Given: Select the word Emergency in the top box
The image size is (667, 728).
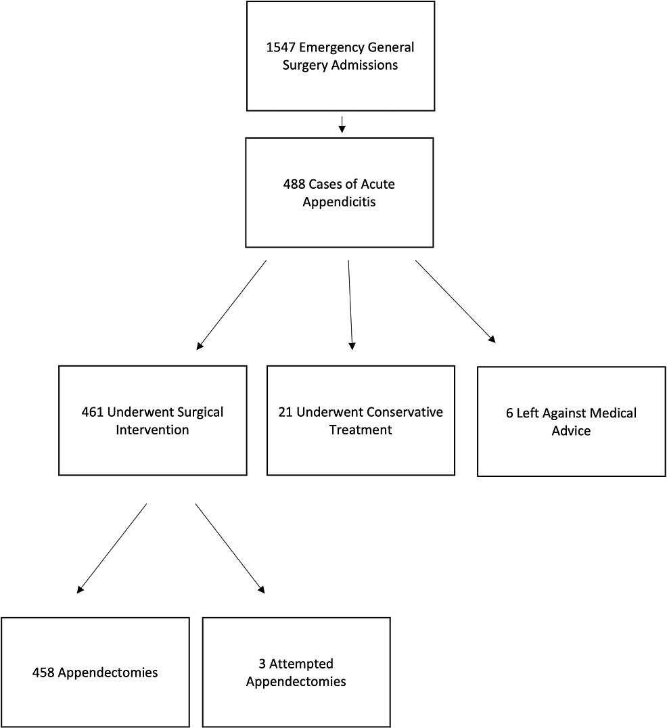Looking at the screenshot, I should click(x=327, y=48).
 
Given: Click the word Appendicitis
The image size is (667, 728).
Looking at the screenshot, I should click(x=339, y=202).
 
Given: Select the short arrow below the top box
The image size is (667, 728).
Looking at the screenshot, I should click(x=342, y=124).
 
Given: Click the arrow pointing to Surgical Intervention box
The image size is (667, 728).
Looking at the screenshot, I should click(x=231, y=304).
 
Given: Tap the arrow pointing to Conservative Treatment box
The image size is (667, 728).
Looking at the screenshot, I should click(x=350, y=304).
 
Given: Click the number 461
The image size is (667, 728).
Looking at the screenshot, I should click(x=92, y=412).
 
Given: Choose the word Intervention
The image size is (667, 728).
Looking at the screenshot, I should click(x=153, y=430).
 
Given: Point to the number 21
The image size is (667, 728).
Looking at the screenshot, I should click(x=285, y=412).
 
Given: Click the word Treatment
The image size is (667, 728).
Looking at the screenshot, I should click(x=361, y=430).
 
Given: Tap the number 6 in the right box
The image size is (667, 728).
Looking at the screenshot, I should click(x=509, y=413).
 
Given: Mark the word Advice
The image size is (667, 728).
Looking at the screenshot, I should click(x=572, y=431).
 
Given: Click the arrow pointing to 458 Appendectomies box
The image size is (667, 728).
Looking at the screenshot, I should click(x=112, y=548).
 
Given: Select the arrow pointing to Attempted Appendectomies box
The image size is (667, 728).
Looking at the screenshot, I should click(x=230, y=548).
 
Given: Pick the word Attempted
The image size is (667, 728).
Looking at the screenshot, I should click(x=302, y=664).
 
